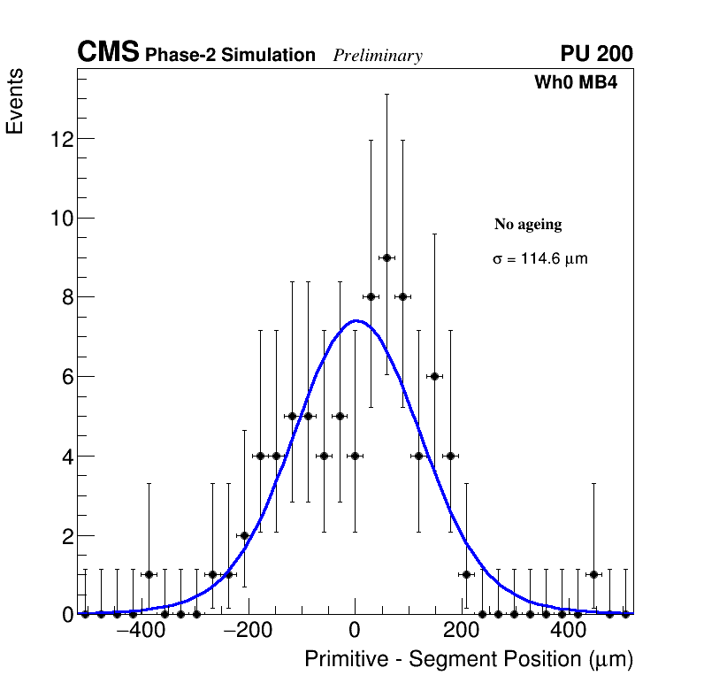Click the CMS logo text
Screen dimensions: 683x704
click(108, 53)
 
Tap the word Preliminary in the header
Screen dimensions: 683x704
click(378, 56)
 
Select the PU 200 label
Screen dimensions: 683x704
click(596, 54)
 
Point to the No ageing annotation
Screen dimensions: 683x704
click(528, 225)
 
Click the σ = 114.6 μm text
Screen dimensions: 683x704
click(539, 259)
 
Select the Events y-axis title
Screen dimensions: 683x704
click(15, 101)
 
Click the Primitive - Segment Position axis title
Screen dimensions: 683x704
click(469, 659)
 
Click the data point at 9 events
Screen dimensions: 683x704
click(386, 257)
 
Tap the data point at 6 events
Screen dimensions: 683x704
click(434, 376)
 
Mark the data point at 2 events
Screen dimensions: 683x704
click(244, 535)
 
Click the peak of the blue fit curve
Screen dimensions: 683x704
click(355, 321)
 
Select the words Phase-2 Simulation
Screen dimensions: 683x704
click(230, 56)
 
